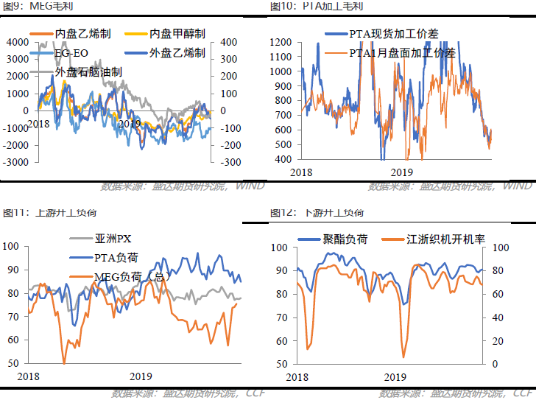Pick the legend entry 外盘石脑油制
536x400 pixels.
coord(88,71)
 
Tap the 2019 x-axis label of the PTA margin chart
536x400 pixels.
coord(401,172)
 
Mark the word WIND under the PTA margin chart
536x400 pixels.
coord(517,186)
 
